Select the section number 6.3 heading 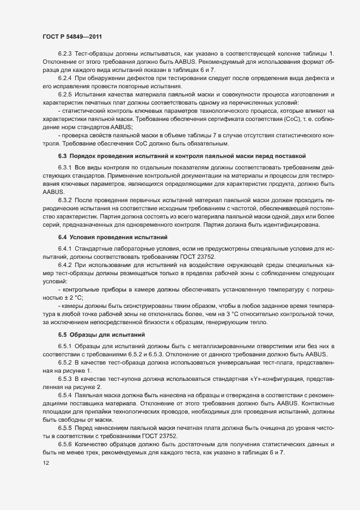(62, 156)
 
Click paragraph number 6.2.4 (65, 80)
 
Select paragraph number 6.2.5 (65, 95)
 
